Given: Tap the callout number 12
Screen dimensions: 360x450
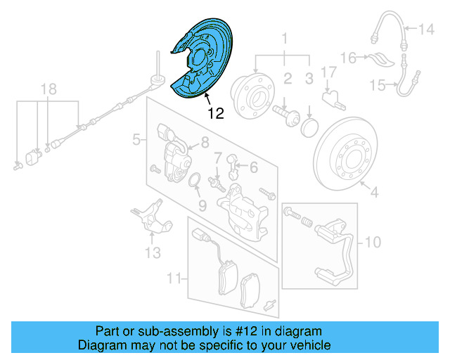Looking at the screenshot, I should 216,113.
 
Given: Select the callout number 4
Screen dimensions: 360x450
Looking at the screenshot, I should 374,191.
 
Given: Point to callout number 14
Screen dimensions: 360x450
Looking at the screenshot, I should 427,30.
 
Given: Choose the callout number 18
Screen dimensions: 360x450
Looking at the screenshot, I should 48,89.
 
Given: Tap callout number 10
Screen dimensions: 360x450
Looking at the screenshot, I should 372,243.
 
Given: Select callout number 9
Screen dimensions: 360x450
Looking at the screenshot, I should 201,205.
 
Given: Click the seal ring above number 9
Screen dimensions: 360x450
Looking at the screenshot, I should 198,184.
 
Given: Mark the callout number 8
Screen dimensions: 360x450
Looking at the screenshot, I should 205,142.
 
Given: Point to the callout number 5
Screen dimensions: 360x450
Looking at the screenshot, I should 136,141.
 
